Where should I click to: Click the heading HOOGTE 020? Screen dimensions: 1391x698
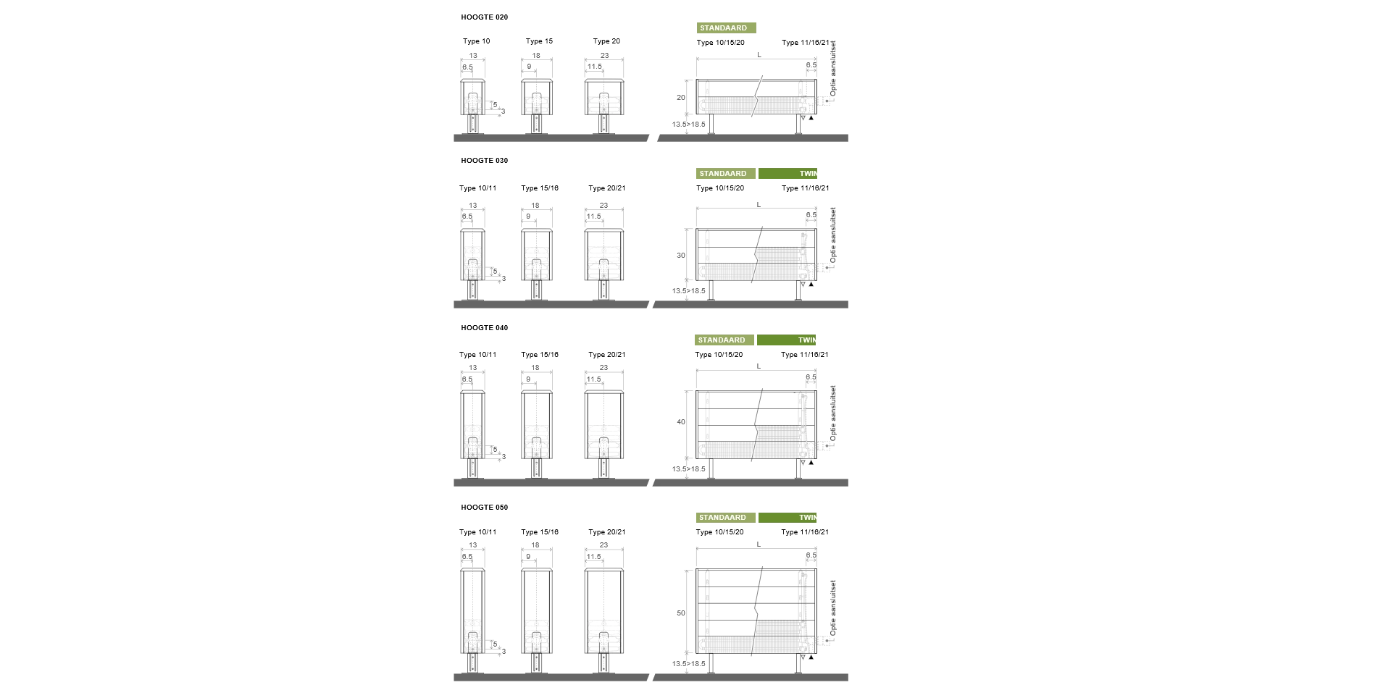pos(484,17)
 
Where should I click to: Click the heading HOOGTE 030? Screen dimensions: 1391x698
pos(484,161)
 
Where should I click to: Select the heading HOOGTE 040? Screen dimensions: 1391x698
pos(484,328)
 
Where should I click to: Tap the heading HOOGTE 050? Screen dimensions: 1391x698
pos(484,508)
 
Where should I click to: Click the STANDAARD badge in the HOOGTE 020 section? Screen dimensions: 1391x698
pos(726,28)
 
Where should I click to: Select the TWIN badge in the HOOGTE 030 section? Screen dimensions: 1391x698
pos(788,174)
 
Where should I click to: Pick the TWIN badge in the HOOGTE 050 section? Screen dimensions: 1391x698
pos(788,518)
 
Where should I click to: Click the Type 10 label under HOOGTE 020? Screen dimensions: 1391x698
pos(476,41)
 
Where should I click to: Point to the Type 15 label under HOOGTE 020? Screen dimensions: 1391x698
pos(539,41)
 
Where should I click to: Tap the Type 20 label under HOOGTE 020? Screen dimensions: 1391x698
pos(606,41)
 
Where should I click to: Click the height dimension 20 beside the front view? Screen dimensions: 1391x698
pos(681,98)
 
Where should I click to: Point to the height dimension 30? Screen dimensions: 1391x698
pos(681,256)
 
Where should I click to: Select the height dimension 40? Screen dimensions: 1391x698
pos(681,422)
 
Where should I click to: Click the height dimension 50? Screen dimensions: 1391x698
pos(681,613)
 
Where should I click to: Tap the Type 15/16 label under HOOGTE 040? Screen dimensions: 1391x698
pos(540,355)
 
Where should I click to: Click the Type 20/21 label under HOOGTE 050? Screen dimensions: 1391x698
pos(607,532)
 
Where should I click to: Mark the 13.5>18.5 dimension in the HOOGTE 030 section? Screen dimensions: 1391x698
pos(688,291)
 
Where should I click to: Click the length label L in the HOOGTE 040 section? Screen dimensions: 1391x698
pos(759,366)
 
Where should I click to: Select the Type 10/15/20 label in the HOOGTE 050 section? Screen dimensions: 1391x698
pos(719,532)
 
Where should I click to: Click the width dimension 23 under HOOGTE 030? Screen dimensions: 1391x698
pos(603,206)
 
